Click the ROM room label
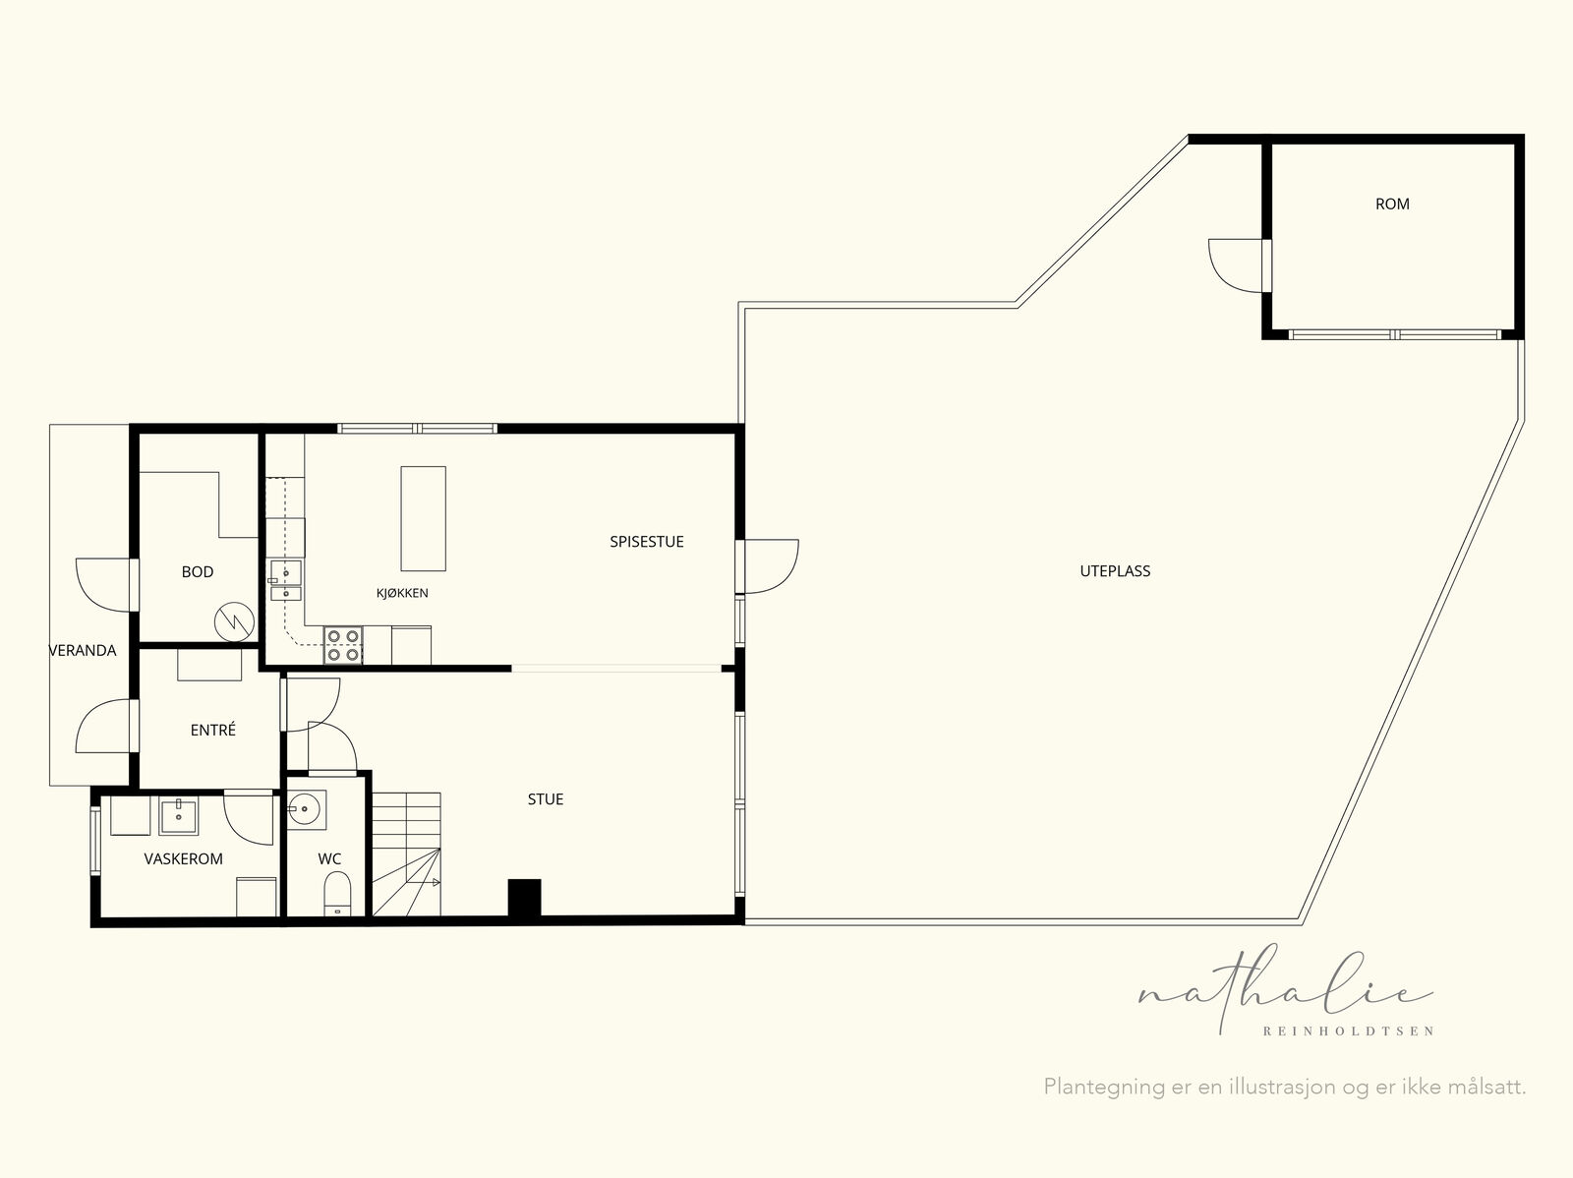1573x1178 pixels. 1392,205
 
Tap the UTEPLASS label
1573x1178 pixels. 1114,571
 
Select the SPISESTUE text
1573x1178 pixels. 646,542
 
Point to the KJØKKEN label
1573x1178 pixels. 402,593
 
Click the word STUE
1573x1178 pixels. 546,799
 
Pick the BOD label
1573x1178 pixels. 197,572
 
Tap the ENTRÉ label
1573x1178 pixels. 212,730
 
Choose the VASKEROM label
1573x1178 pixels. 184,858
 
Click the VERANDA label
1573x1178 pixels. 83,651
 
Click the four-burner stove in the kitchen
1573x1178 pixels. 342,646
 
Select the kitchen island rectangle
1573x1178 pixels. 423,518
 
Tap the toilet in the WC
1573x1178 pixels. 337,893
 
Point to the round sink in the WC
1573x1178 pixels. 306,808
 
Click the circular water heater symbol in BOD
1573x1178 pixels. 234,621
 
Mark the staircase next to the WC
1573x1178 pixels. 406,854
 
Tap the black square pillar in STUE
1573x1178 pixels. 524,897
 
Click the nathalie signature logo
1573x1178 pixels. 1286,990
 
